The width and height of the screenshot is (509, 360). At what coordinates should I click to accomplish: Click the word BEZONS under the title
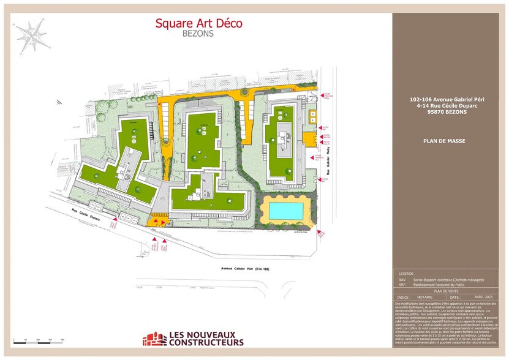pyautogui.click(x=198, y=34)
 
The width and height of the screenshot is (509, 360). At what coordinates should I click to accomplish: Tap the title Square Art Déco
pyautogui.click(x=198, y=23)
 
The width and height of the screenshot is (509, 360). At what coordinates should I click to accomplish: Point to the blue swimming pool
pyautogui.click(x=286, y=211)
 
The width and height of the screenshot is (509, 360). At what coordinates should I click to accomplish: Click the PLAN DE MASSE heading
pyautogui.click(x=444, y=141)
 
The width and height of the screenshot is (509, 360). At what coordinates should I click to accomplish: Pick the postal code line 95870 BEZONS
pyautogui.click(x=444, y=111)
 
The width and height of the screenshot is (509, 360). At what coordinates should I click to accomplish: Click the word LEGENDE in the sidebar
pyautogui.click(x=406, y=274)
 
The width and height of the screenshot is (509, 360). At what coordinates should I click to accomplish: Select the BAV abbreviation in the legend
pyautogui.click(x=402, y=279)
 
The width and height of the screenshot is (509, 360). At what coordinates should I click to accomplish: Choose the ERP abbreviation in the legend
pyautogui.click(x=402, y=285)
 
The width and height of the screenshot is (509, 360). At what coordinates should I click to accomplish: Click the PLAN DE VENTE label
pyautogui.click(x=445, y=291)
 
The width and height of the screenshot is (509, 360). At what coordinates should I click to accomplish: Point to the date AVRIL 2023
pyautogui.click(x=484, y=297)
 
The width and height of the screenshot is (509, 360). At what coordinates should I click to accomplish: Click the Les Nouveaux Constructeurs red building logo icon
pyautogui.click(x=154, y=339)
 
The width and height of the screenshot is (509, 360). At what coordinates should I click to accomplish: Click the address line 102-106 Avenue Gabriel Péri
pyautogui.click(x=444, y=100)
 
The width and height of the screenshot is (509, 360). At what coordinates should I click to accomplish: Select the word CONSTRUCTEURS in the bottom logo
pyautogui.click(x=205, y=342)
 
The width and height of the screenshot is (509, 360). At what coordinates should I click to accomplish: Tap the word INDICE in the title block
pyautogui.click(x=402, y=297)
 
